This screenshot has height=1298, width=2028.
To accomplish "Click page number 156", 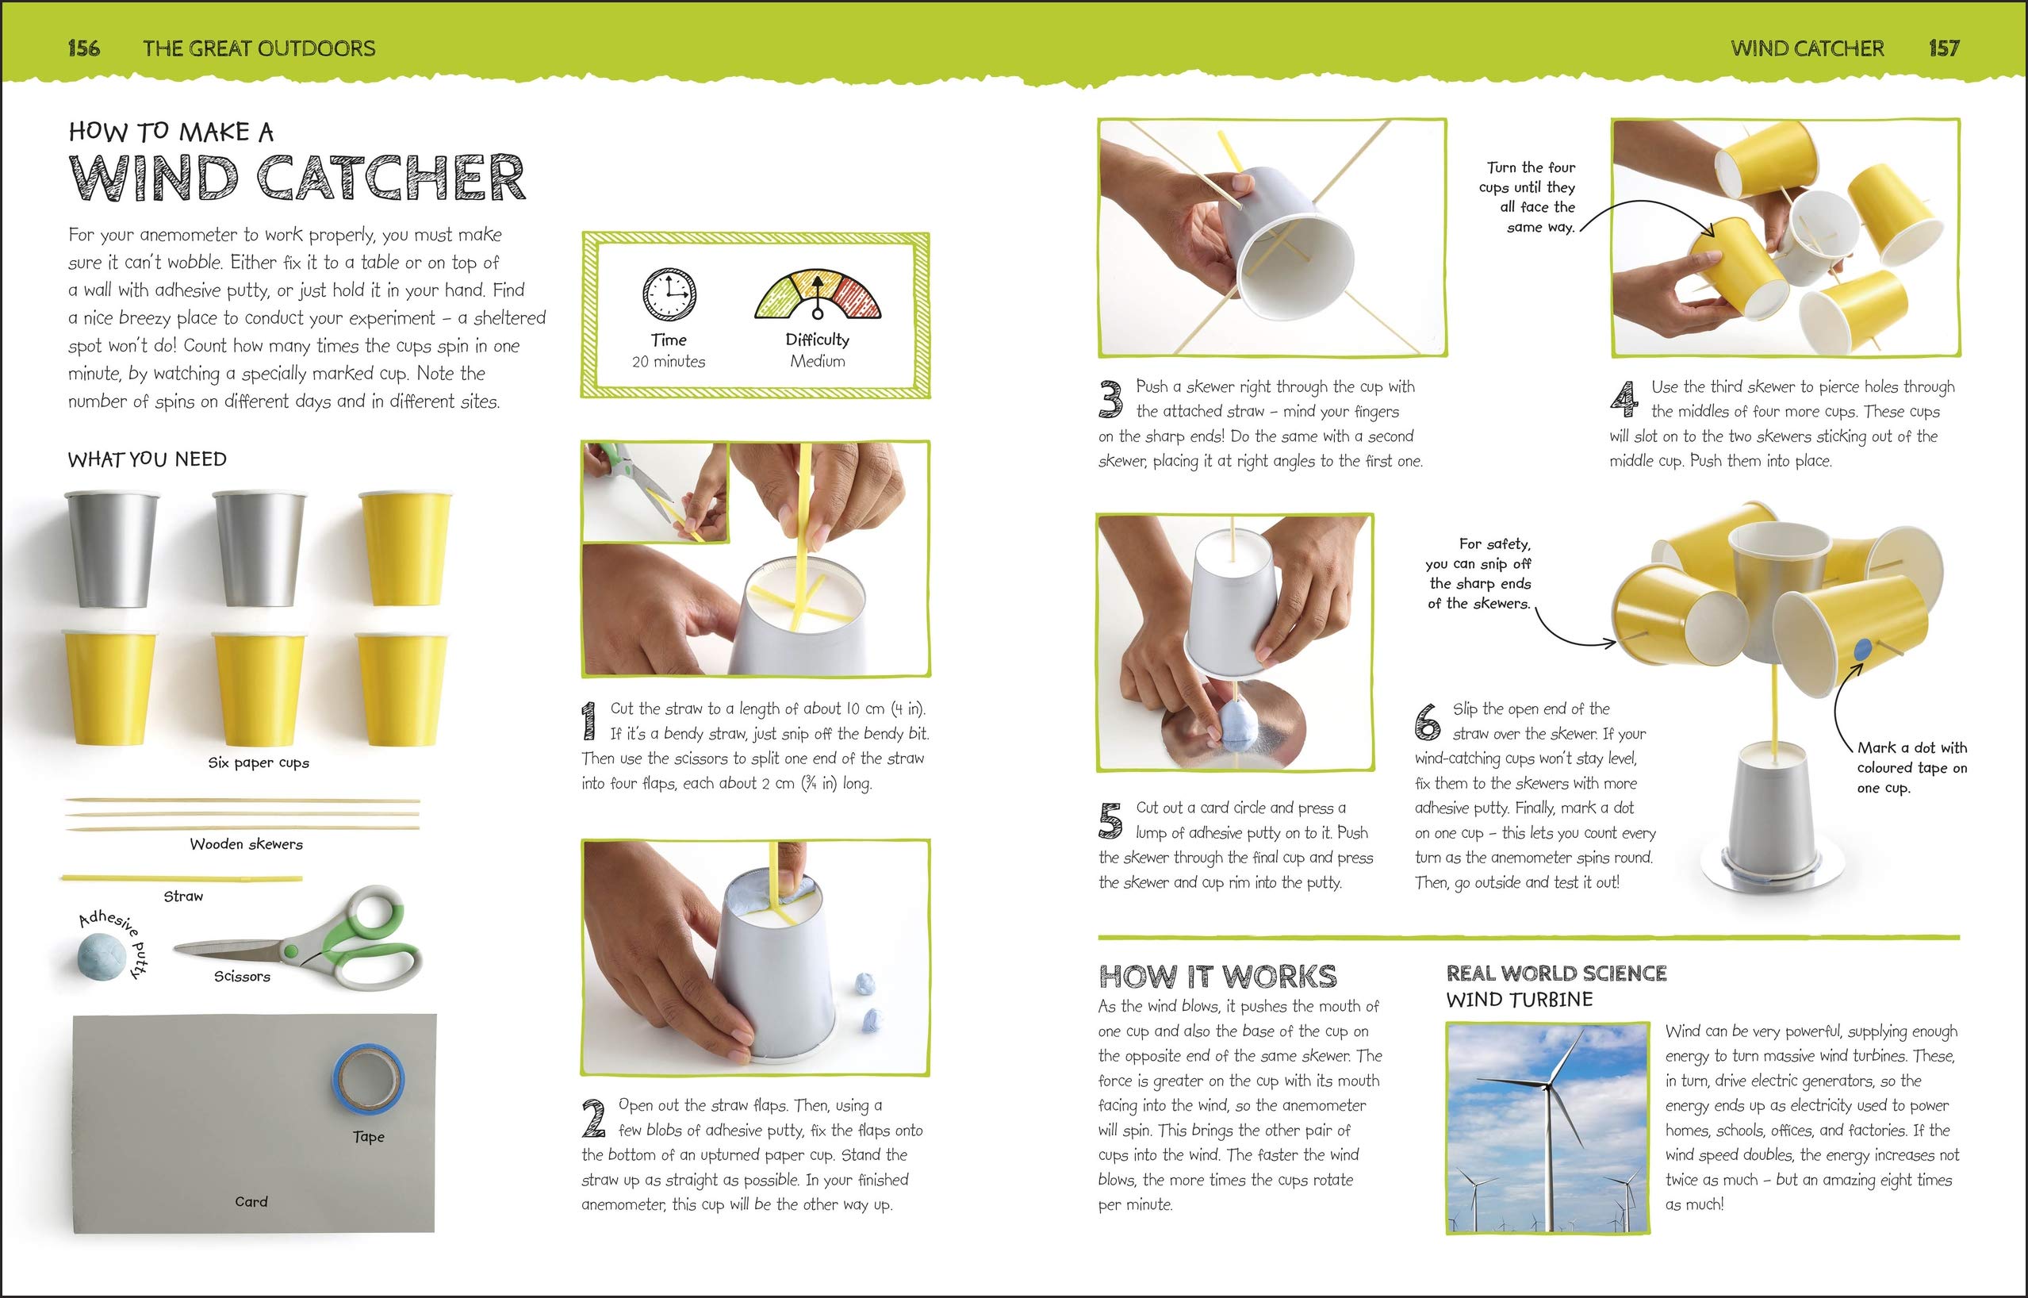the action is (x=83, y=48).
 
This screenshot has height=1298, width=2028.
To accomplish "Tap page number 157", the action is (x=1944, y=48).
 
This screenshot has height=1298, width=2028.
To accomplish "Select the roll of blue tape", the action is (x=368, y=1077).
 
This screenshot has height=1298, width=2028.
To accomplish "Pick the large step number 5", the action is (x=1110, y=820).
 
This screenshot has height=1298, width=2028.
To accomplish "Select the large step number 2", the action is (x=594, y=1119).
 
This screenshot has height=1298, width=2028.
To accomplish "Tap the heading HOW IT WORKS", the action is (x=1217, y=976).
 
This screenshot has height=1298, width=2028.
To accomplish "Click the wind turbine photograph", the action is (x=1547, y=1127).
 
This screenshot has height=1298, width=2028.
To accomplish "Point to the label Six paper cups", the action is (x=259, y=762).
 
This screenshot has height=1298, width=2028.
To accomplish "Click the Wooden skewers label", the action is (x=246, y=843).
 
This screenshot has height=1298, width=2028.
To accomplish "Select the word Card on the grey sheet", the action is (x=251, y=1201).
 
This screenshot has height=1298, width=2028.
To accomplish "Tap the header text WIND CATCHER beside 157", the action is (x=1808, y=48).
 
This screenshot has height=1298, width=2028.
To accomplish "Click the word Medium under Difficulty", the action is (x=817, y=361).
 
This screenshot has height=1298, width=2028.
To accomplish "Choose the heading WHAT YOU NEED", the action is (x=148, y=459).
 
